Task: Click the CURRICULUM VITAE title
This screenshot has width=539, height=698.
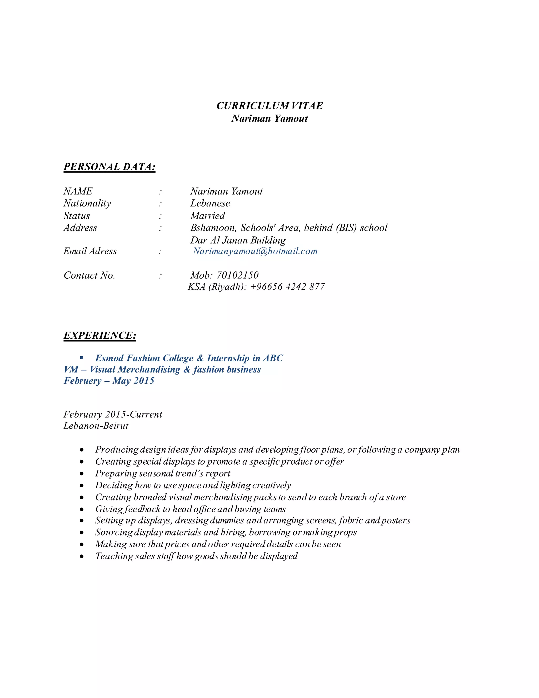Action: (x=269, y=106)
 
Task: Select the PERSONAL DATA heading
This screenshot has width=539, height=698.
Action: (x=109, y=166)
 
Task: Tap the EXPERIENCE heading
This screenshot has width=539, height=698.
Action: (x=100, y=335)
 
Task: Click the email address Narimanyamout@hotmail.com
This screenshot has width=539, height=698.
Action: (x=255, y=251)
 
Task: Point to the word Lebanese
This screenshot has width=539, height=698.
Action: (x=210, y=203)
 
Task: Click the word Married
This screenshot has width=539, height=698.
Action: (x=208, y=216)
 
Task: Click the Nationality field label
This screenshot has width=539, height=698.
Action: (x=87, y=203)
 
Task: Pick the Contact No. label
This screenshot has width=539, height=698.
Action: (x=89, y=275)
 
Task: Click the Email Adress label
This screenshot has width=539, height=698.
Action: (x=90, y=251)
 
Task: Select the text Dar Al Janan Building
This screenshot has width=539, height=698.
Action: (x=238, y=240)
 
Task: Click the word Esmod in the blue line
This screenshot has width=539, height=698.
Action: (x=109, y=358)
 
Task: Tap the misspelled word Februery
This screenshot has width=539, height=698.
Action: (x=82, y=381)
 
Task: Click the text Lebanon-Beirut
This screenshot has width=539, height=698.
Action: (x=96, y=426)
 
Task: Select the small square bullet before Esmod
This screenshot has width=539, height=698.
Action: (x=82, y=358)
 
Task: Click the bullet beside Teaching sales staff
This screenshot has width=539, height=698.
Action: (x=82, y=556)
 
